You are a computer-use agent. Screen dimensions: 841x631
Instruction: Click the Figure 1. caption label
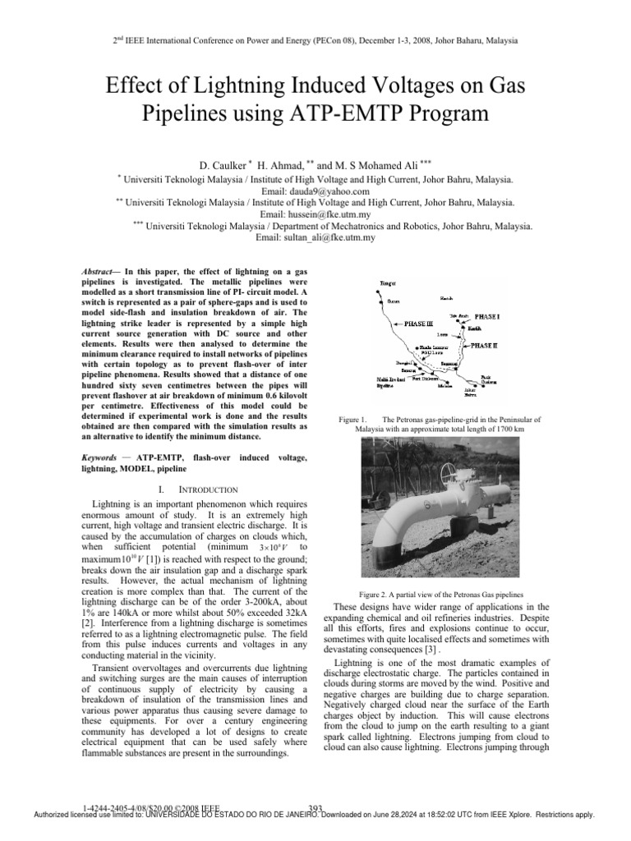pyautogui.click(x=353, y=420)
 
